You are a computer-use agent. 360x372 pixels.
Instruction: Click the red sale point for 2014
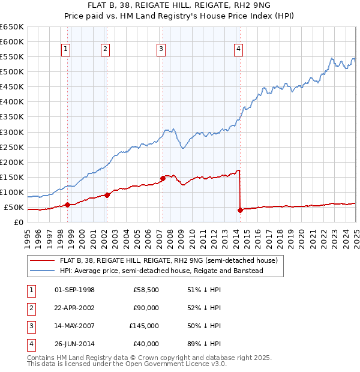tap(239, 210)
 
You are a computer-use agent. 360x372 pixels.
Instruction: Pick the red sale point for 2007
tap(163, 178)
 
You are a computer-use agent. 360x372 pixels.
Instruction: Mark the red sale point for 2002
tap(107, 195)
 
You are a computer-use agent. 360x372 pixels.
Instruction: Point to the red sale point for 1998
tap(67, 205)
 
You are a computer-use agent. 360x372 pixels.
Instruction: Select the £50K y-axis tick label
tap(14, 207)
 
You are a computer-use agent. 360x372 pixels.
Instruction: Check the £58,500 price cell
tap(146, 290)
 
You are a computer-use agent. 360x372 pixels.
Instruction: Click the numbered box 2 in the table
tap(30, 308)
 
